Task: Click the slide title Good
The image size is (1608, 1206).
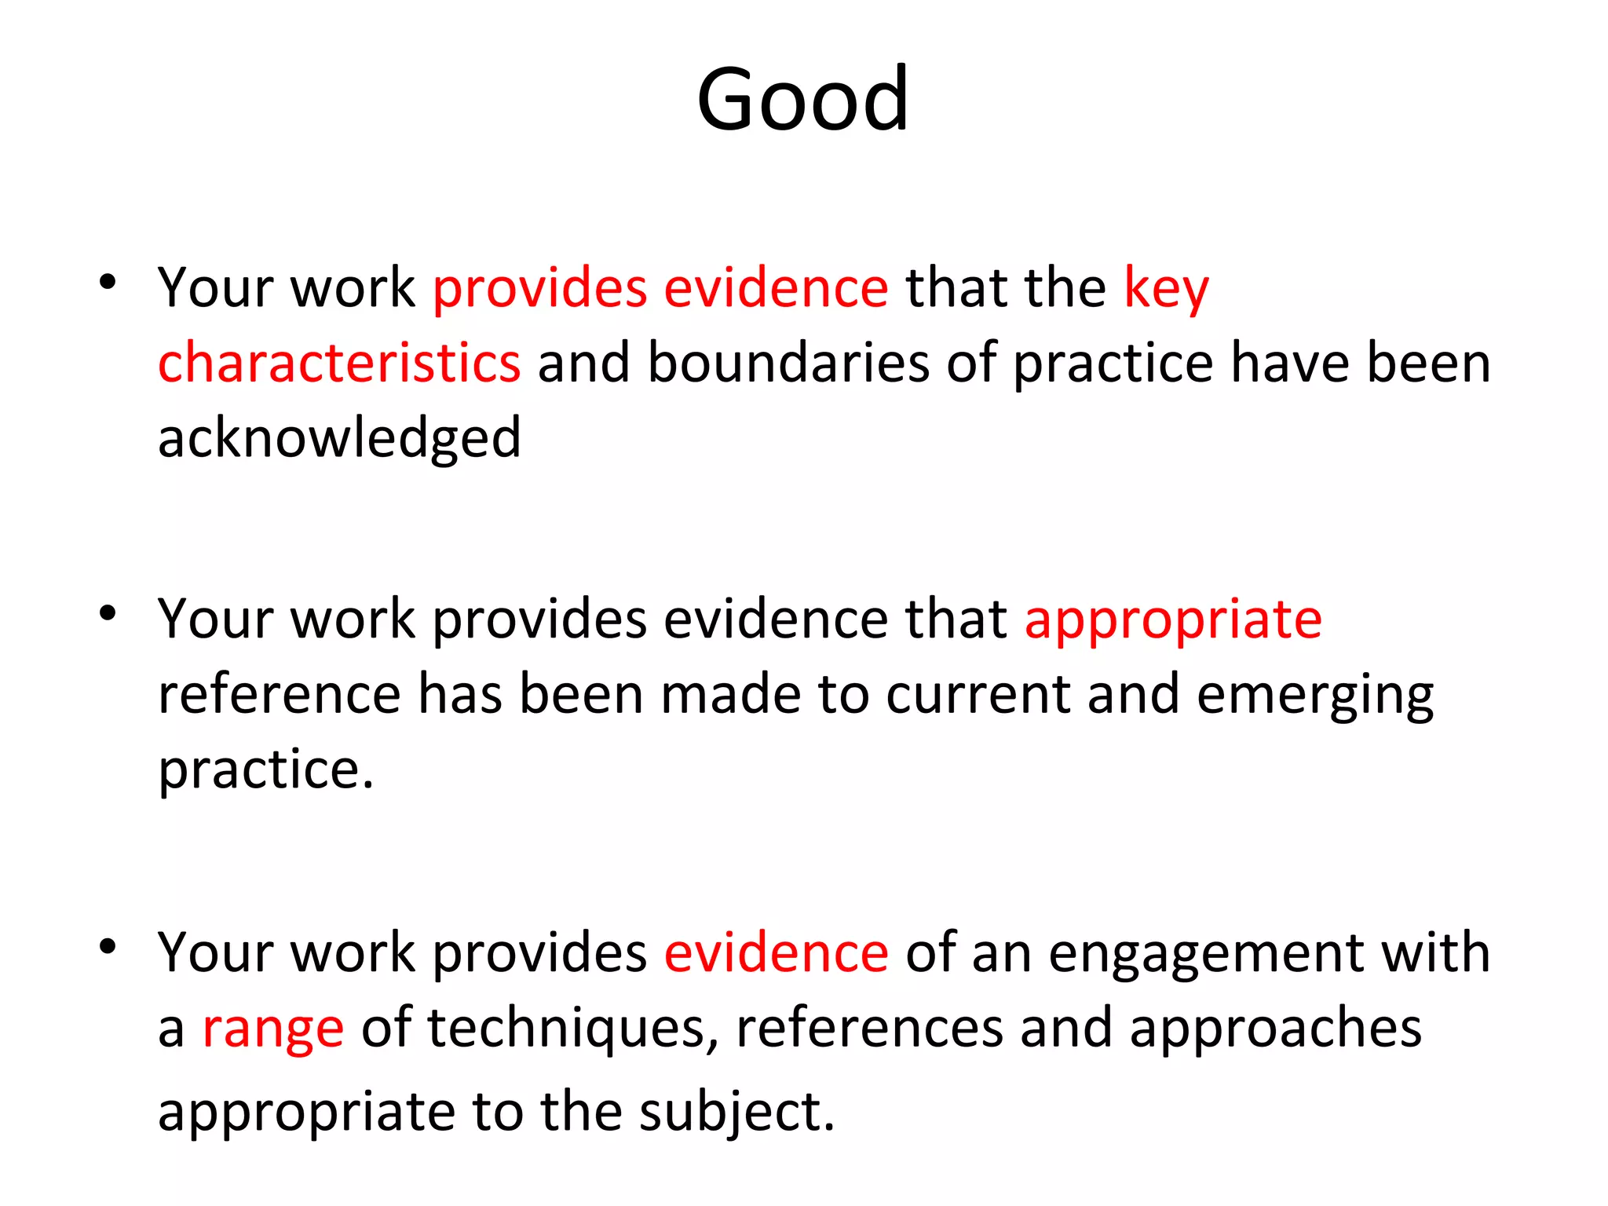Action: pos(802,100)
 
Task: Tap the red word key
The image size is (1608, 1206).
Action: pos(1166,289)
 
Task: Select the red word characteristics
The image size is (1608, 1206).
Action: pos(339,364)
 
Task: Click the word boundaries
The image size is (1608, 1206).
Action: pos(788,364)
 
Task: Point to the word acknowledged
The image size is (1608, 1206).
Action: pos(339,438)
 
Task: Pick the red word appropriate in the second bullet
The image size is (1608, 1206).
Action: pos(1173,620)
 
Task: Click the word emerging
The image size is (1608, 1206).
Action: pos(1315,696)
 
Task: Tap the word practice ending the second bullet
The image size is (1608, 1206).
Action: pos(265,769)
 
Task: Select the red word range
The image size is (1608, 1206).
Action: pos(272,1029)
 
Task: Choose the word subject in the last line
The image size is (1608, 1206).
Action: pos(736,1112)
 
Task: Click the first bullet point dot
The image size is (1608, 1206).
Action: pos(108,281)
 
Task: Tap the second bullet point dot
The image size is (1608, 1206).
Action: pos(108,612)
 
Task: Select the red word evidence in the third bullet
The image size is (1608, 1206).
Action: pos(776,952)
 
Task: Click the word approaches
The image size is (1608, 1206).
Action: pos(1275,1029)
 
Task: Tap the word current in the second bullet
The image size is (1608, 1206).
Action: pos(978,696)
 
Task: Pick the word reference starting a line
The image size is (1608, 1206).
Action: pos(280,696)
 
